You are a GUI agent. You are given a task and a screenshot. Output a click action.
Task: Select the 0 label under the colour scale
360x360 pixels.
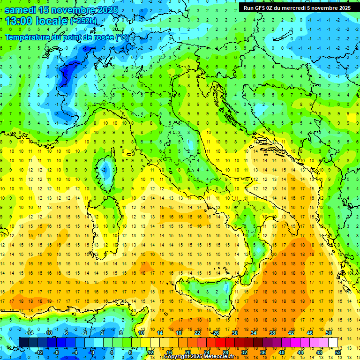[92, 352]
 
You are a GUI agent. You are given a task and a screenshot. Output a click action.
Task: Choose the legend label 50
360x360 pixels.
[329, 333]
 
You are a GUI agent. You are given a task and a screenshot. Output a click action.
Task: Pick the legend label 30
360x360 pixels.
[235, 333]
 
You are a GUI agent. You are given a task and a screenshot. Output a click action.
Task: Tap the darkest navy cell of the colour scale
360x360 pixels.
[23, 342]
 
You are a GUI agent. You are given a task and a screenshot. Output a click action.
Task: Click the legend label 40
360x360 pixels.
[282, 352]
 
